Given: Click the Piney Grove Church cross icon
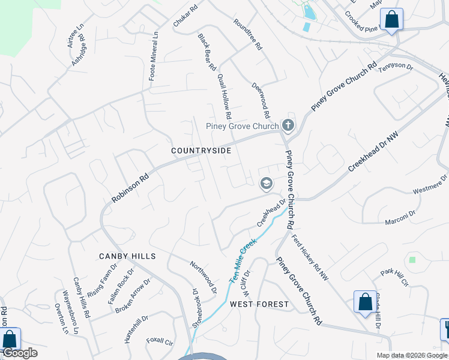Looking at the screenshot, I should pyautogui.click(x=288, y=125).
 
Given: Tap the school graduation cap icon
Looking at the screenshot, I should pyautogui.click(x=266, y=183).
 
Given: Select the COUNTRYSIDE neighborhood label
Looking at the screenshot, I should pyautogui.click(x=200, y=151).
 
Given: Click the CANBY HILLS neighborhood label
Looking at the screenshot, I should pyautogui.click(x=127, y=256).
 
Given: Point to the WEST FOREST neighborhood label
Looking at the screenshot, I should pyautogui.click(x=259, y=304).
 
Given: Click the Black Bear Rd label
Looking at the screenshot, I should pyautogui.click(x=207, y=53).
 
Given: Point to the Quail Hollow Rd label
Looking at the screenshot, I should pyautogui.click(x=225, y=96).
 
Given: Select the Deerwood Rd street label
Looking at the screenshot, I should pyautogui.click(x=262, y=100).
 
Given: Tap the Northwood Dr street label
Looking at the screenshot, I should pyautogui.click(x=203, y=277).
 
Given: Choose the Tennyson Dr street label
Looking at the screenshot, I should pyautogui.click(x=396, y=68).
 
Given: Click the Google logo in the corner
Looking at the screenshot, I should pyautogui.click(x=20, y=353).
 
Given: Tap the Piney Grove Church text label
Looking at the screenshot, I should pyautogui.click(x=242, y=126).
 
